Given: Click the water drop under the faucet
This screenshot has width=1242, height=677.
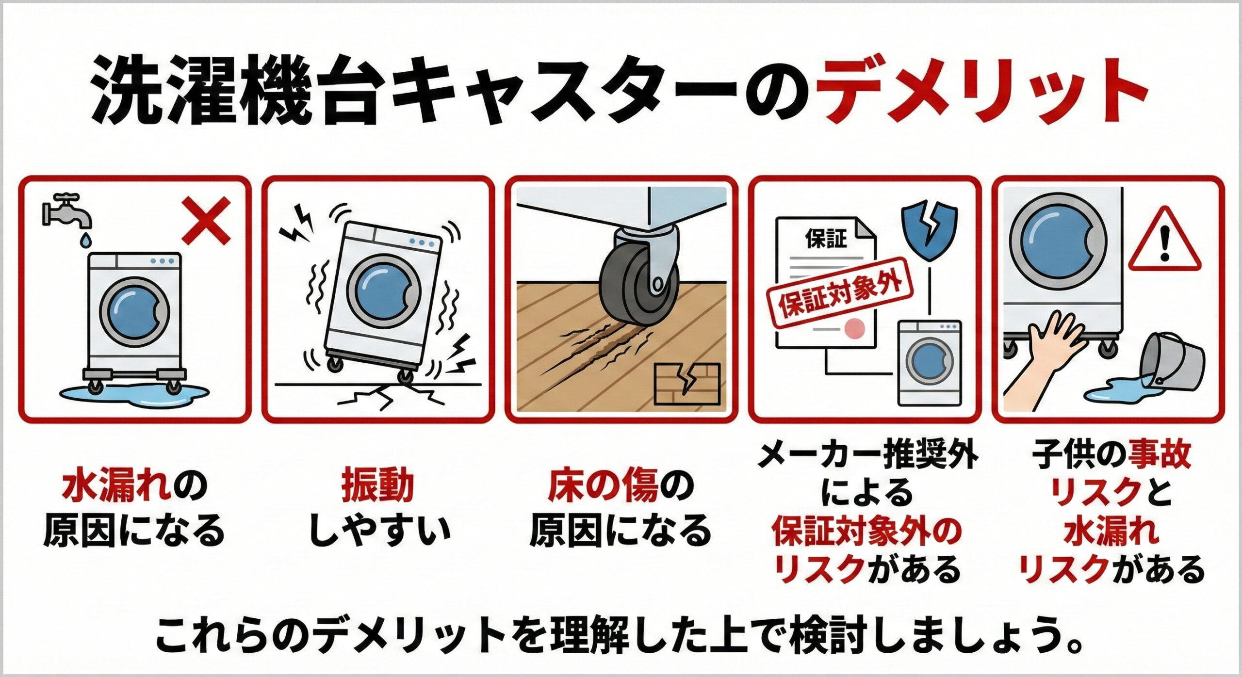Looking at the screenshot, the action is [85, 240].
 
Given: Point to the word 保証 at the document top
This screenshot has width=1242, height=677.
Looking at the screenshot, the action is [826, 239].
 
